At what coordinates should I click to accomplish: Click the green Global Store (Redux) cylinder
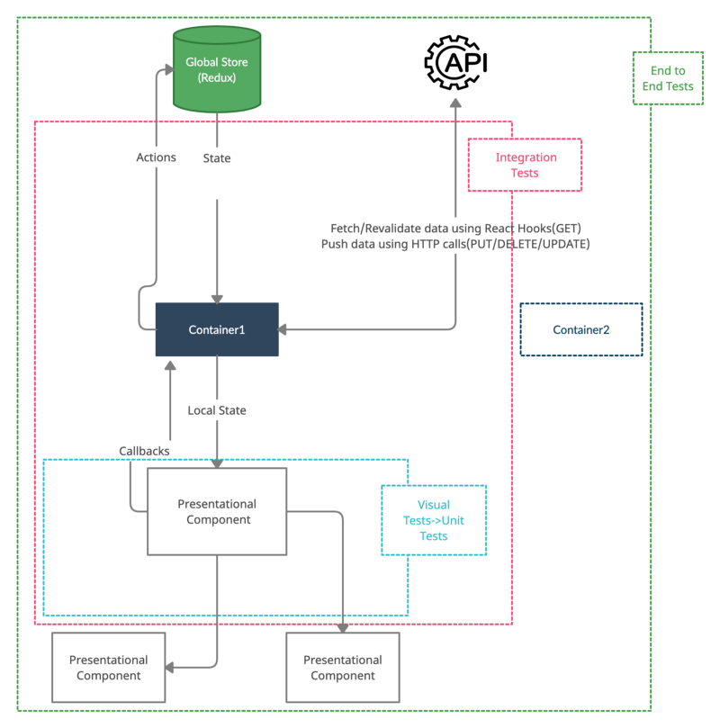click(217, 69)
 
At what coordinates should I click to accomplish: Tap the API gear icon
click(456, 62)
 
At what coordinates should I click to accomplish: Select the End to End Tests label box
click(668, 78)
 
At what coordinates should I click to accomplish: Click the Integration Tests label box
click(525, 165)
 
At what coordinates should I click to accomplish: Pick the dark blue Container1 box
click(217, 329)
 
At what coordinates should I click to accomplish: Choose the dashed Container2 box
click(581, 329)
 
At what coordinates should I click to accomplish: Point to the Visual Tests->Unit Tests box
click(434, 520)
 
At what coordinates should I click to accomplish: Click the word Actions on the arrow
click(156, 157)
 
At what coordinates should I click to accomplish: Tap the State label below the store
click(217, 158)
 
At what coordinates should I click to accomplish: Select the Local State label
click(217, 410)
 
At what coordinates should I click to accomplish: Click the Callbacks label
click(144, 451)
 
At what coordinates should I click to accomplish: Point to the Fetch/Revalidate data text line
click(455, 229)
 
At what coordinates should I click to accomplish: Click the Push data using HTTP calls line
click(455, 244)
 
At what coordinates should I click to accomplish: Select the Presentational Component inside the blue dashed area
click(217, 511)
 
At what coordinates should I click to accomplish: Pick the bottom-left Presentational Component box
click(109, 667)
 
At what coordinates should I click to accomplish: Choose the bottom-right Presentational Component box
click(343, 667)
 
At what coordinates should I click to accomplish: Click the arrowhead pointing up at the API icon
click(456, 103)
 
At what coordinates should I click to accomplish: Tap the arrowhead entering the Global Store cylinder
click(168, 69)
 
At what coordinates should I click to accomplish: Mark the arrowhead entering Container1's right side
click(282, 329)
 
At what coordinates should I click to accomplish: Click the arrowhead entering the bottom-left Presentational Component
click(169, 668)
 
